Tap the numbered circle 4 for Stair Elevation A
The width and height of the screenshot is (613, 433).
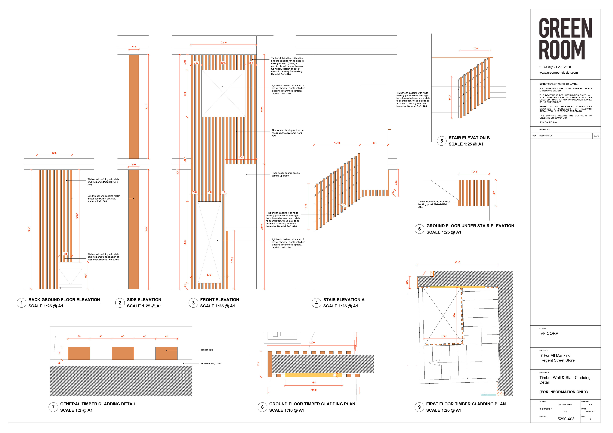point(316,303)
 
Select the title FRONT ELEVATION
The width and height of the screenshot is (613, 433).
point(219,300)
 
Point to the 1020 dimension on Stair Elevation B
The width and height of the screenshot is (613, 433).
point(475,49)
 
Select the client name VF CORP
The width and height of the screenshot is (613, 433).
point(549,333)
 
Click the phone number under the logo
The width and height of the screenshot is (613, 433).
point(555,67)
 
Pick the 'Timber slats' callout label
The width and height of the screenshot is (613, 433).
point(207,350)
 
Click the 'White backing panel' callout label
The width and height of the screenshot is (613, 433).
point(211,364)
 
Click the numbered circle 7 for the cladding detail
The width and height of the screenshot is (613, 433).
point(53,407)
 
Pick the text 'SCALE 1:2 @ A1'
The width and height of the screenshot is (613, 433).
point(76,410)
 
